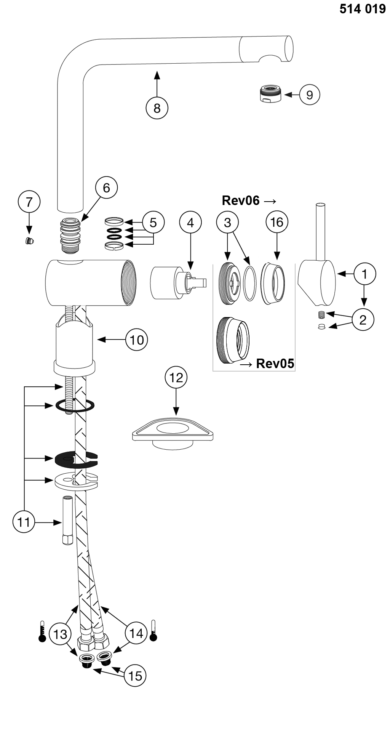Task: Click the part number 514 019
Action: click(x=363, y=9)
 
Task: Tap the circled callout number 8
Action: click(x=157, y=108)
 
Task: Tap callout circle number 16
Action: click(x=277, y=222)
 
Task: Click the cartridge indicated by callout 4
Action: click(x=178, y=283)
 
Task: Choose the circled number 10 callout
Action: click(x=136, y=339)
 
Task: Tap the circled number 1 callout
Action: click(x=364, y=274)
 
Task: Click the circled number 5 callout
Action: click(x=153, y=222)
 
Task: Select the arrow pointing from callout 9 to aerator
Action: click(x=292, y=94)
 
